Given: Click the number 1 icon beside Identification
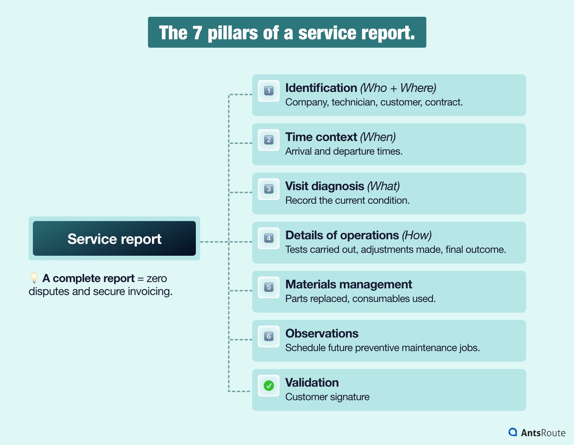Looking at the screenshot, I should [x=269, y=91].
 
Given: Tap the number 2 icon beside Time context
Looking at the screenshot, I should [x=269, y=140].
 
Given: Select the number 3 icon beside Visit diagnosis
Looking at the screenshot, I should [x=269, y=189].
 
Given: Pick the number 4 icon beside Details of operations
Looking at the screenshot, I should [x=269, y=238].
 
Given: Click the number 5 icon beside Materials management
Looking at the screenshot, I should [x=269, y=287].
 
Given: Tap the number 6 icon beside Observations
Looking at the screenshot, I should [x=269, y=336].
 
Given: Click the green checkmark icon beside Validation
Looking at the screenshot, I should [x=269, y=385].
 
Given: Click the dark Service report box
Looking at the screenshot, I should [x=114, y=238].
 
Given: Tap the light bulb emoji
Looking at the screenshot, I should [x=34, y=278].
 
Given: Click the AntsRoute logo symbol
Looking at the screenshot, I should [x=513, y=432].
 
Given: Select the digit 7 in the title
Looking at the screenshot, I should [x=197, y=33].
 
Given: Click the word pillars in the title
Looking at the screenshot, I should [x=232, y=33].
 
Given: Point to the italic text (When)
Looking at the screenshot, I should [x=378, y=137].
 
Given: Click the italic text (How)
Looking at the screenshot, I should [x=417, y=235].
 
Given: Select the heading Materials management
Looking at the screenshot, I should [x=348, y=284].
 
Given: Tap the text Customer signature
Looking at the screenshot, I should [x=327, y=397].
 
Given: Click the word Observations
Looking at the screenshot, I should [x=322, y=333].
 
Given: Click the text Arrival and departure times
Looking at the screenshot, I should [x=344, y=151].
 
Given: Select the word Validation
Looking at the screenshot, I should [x=312, y=383].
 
